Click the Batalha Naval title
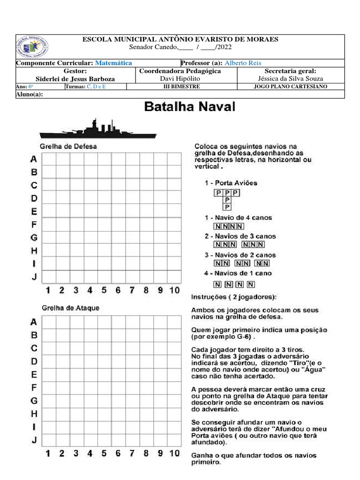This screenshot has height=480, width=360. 189,107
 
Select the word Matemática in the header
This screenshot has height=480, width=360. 113,63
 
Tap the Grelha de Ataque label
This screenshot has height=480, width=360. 70,308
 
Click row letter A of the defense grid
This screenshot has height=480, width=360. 34,159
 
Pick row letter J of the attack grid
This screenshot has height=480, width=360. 34,440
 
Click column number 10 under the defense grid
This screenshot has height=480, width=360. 174,290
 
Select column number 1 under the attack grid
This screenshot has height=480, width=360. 48,453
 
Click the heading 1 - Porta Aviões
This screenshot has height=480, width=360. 231,183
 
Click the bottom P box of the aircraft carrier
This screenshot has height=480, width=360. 227,207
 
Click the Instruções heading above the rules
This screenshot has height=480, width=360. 233,297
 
